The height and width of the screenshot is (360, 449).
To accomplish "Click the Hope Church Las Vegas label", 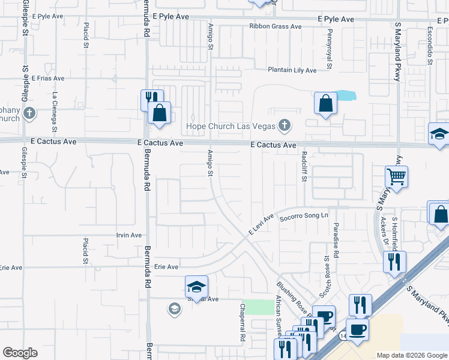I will [231, 126].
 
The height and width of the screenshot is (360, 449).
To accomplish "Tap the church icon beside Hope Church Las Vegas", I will [285, 125].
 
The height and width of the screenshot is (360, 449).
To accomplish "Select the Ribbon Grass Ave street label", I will [276, 26].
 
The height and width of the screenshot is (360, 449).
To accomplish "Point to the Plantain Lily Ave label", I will [292, 70].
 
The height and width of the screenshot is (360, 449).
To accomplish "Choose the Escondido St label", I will [430, 46].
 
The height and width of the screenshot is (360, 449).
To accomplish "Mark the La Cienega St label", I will [55, 112].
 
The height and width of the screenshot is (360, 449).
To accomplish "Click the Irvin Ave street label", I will [129, 235].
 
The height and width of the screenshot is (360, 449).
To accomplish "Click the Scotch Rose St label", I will [327, 275].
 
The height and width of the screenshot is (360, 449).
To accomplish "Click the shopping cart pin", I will [396, 177].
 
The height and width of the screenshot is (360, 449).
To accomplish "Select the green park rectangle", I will [258, 307].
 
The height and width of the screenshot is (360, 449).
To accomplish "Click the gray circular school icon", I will [174, 309].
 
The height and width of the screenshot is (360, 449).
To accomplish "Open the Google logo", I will [20, 353].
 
